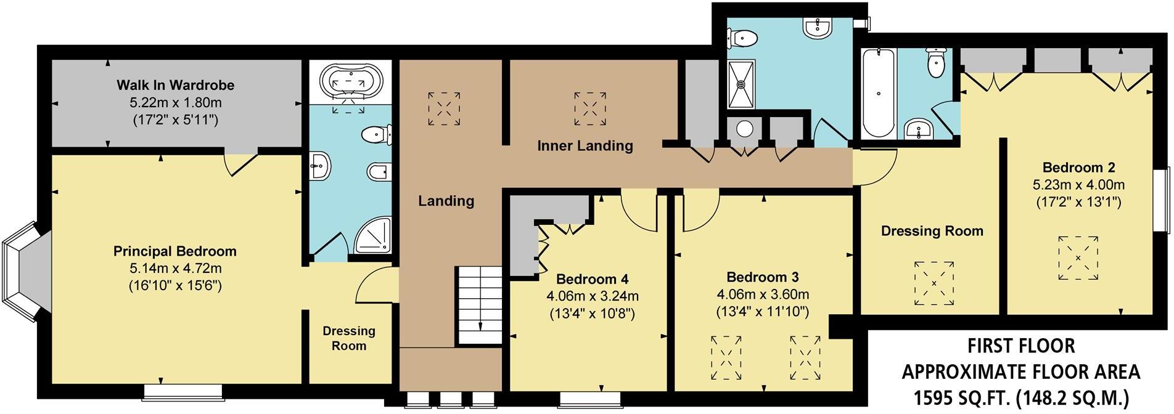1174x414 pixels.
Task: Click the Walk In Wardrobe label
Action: point(176,85)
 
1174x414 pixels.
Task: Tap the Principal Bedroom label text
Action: point(175,251)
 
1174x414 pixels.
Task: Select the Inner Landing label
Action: point(585,146)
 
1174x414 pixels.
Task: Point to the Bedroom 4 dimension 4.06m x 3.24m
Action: point(592,296)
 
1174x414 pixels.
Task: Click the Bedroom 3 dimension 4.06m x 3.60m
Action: point(762,294)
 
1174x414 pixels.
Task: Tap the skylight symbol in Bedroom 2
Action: point(1078,258)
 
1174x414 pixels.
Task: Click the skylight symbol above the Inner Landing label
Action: point(590,109)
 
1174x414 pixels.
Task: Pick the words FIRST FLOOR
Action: point(1020,346)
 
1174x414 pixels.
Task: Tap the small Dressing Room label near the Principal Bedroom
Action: point(349,338)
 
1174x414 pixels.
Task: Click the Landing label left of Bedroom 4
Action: point(446,201)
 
